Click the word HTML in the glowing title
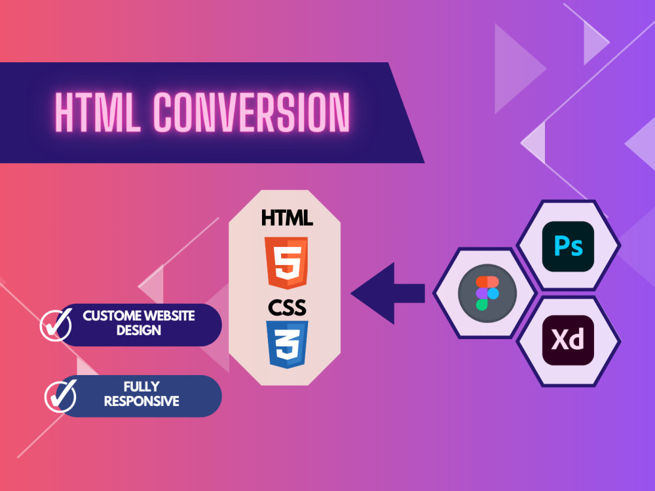point(98,112)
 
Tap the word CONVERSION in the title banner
point(252,112)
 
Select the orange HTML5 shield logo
point(287,263)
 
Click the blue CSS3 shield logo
point(287,344)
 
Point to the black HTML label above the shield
point(287,218)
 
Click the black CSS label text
point(287,308)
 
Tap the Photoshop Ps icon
point(568,246)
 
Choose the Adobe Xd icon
point(568,340)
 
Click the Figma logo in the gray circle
point(487,293)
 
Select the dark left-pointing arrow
point(388,293)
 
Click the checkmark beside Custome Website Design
point(57,325)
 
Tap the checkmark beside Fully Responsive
point(61,396)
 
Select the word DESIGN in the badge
point(139,330)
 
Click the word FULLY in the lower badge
point(141,387)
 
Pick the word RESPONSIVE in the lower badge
point(141,401)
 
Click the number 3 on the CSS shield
point(288,344)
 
